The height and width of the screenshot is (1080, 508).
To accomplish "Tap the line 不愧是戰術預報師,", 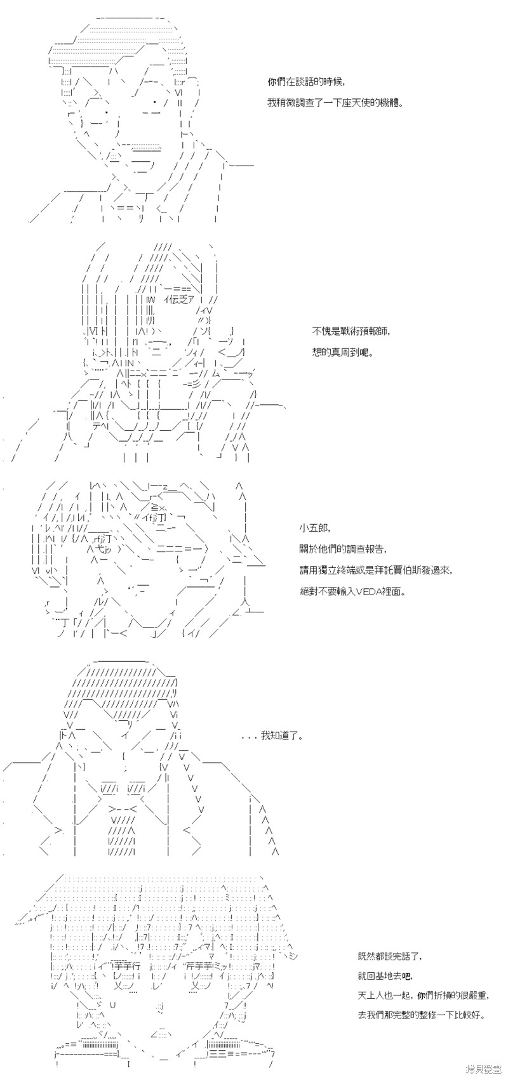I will click(x=351, y=331).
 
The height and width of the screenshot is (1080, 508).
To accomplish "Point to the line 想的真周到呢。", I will click(x=343, y=351).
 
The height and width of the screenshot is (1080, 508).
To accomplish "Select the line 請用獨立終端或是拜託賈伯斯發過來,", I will click(x=376, y=569).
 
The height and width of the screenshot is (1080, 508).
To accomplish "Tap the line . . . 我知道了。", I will click(x=272, y=736).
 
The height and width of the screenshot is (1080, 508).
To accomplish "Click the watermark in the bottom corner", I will click(x=484, y=1071).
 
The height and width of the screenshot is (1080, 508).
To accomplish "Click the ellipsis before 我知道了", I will click(x=250, y=737).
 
